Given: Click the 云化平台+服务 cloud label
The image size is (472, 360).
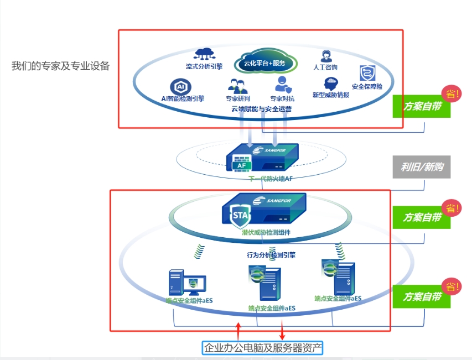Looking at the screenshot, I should coord(264,63).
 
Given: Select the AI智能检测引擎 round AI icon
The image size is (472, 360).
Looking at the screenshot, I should coord(180,87).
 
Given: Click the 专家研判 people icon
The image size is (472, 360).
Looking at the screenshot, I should coord(237,86).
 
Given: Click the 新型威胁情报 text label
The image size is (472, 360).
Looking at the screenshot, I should coord(330,95).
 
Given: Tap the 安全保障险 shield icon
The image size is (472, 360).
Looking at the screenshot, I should coord(367,74).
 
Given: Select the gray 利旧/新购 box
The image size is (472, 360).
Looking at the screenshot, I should coord(421,166).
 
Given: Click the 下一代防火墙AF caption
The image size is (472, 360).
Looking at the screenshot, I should coord(271,179).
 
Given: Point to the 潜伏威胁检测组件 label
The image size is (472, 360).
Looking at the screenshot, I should coord(266,233).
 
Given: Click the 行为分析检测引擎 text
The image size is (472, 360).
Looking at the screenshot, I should coord(271,255).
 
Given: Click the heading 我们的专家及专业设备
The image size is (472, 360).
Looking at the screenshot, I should coord(61,66).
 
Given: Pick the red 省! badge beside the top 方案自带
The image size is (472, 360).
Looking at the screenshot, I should coord(452,93).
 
